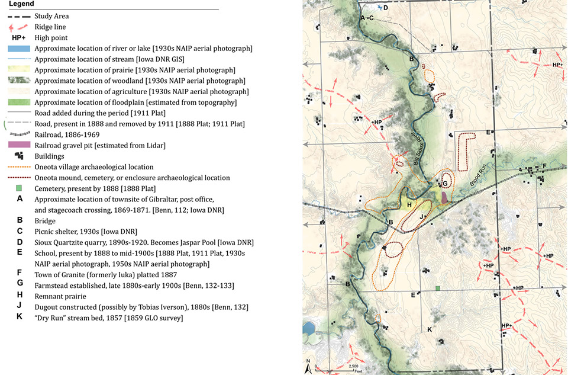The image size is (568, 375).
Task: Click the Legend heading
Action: tap(21, 4)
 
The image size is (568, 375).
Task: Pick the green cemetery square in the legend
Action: tap(20, 188)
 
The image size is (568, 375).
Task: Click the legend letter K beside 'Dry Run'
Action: tap(20, 318)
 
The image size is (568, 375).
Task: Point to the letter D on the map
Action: tap(385, 8)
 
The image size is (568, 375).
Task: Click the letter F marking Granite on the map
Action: tap(544, 166)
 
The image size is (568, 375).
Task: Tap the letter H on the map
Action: tap(409, 205)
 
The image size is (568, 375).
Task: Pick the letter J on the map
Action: tap(421, 217)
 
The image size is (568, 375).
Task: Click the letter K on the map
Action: tap(430, 329)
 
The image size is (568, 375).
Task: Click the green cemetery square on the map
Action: tap(438, 288)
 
